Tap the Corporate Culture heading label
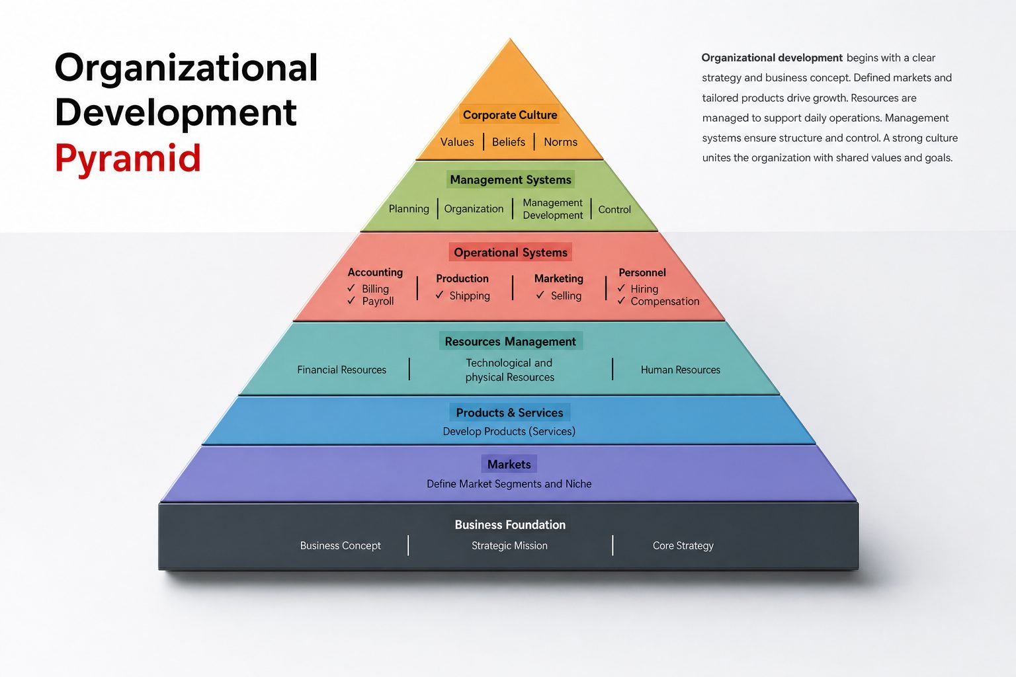point(510,115)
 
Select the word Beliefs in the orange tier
point(509,142)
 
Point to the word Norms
point(561,142)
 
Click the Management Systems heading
point(510,180)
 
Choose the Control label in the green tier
point(614,210)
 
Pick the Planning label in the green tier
point(409,208)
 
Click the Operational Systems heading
point(510,253)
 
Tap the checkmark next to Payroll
point(351,300)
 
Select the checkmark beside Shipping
point(439,295)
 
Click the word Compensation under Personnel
point(665,301)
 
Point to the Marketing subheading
point(558,278)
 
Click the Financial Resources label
point(341,370)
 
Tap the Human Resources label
point(681,370)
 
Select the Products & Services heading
point(509,413)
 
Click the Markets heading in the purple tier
point(509,464)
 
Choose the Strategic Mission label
point(509,545)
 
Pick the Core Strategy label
point(683,545)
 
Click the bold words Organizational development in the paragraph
point(772,58)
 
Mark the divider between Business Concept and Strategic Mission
point(408,545)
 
